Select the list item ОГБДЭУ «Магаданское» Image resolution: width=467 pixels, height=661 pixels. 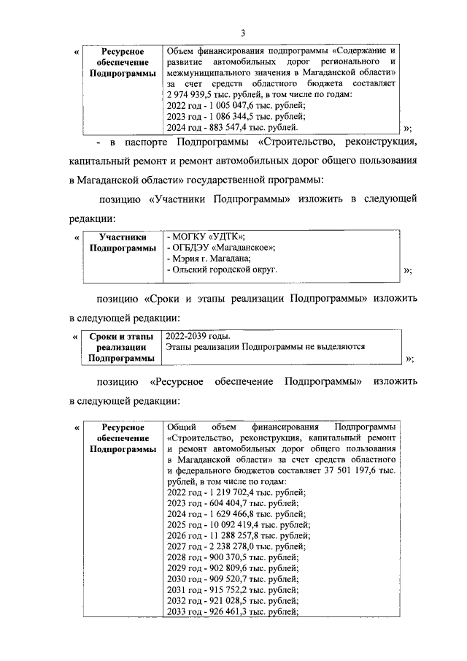pyautogui.click(x=221, y=247)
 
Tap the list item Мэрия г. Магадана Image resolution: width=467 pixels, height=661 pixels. pyautogui.click(x=209, y=258)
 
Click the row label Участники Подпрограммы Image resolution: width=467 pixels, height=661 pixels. pyautogui.click(x=123, y=242)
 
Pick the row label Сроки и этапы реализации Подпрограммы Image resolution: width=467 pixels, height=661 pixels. pyautogui.click(x=123, y=347)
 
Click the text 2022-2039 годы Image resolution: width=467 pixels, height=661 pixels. pyautogui.click(x=198, y=336)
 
